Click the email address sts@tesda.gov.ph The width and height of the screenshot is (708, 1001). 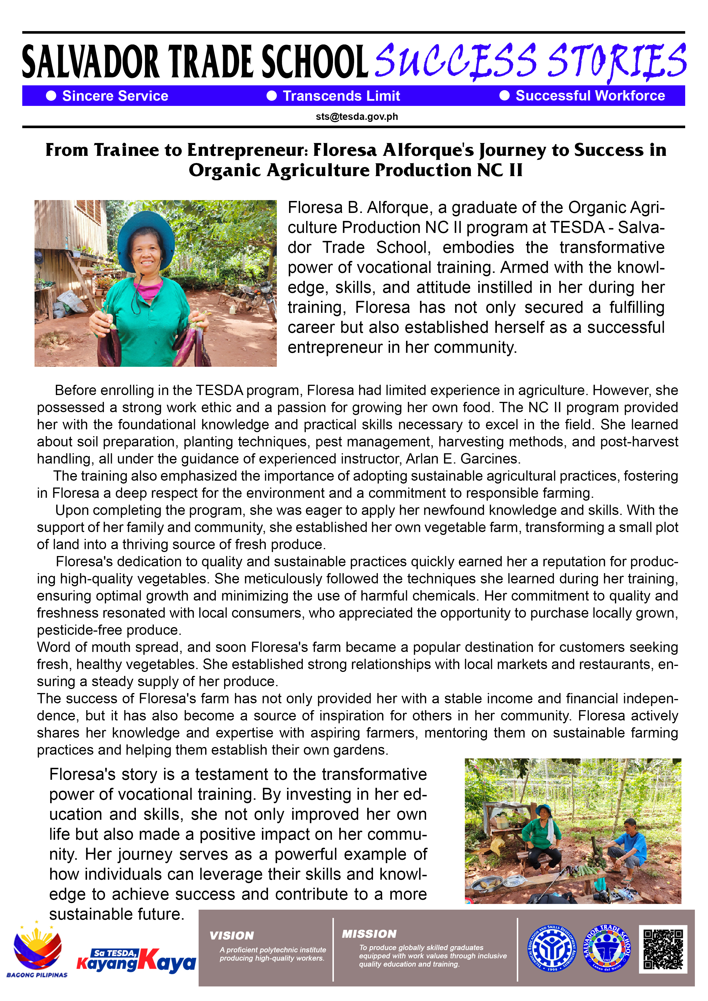357,116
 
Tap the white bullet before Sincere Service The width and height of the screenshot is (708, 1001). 51,96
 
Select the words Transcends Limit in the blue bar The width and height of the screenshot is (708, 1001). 341,96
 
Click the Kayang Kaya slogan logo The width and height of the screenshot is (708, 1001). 136,960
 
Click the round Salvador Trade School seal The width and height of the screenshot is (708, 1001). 606,949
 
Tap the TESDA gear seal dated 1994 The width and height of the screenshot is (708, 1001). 552,949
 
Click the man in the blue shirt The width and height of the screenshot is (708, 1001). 630,846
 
